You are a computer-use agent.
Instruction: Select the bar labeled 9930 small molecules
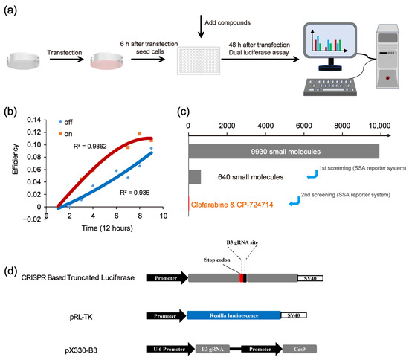coord(283,152)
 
